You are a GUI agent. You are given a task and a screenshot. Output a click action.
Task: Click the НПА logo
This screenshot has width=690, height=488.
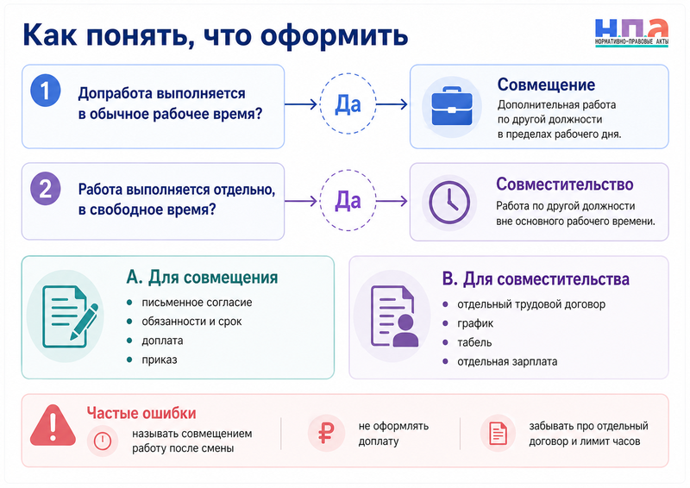[632, 33]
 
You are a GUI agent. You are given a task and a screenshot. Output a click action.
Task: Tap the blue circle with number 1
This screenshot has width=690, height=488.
[46, 91]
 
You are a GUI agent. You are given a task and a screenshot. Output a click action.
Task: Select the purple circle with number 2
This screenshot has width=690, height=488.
[46, 189]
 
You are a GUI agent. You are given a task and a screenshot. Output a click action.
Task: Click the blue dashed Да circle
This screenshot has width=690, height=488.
[348, 103]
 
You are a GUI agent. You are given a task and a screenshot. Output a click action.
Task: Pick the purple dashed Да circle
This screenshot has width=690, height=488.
[348, 201]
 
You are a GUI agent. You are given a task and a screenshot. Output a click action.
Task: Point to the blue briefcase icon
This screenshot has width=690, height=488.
[452, 107]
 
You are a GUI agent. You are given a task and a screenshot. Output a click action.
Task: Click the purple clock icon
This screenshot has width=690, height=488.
[449, 203]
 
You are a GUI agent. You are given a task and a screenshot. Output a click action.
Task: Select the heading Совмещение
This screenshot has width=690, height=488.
[546, 84]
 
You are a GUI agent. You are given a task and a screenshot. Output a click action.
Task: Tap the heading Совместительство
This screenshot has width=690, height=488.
[565, 184]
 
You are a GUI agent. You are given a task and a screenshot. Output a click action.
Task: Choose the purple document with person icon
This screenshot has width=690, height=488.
[394, 316]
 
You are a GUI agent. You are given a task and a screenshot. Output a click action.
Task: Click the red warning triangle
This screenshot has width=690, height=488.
[53, 425]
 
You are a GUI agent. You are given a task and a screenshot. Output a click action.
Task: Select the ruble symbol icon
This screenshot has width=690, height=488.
[326, 433]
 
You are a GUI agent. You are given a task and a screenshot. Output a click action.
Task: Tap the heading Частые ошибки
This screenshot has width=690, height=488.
[141, 413]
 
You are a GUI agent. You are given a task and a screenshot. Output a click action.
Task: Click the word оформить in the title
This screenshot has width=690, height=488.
[335, 36]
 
